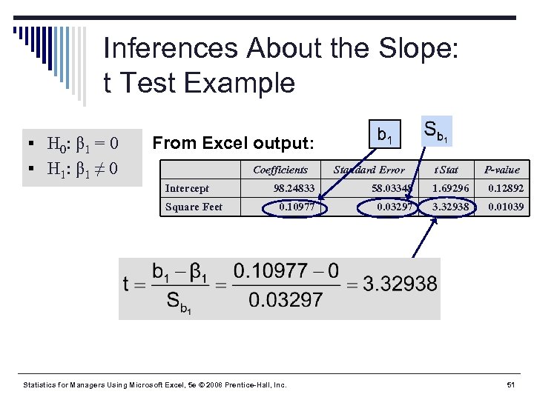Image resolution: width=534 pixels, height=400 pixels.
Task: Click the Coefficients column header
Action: pyautogui.click(x=280, y=170)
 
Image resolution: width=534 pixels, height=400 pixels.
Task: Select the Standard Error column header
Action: pyautogui.click(x=369, y=170)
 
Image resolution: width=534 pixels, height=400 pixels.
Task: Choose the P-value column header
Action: pyautogui.click(x=502, y=170)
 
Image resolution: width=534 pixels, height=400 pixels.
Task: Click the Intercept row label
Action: pyautogui.click(x=187, y=189)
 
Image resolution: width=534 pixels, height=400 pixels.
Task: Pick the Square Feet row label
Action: pyautogui.click(x=194, y=207)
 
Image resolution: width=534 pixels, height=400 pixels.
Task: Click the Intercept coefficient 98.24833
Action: pyautogui.click(x=294, y=189)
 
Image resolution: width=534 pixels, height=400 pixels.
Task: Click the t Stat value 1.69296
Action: pyautogui.click(x=451, y=189)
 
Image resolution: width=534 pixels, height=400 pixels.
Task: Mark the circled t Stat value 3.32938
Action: pyautogui.click(x=451, y=207)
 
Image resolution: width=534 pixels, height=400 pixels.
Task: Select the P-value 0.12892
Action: pyautogui.click(x=505, y=189)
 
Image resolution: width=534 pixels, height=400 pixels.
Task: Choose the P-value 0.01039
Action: pyautogui.click(x=505, y=207)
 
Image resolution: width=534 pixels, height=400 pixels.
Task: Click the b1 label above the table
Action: pyautogui.click(x=386, y=136)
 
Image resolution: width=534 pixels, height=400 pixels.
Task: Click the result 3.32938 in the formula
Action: pyautogui.click(x=400, y=284)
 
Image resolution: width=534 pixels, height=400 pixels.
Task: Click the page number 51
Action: pyautogui.click(x=510, y=385)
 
